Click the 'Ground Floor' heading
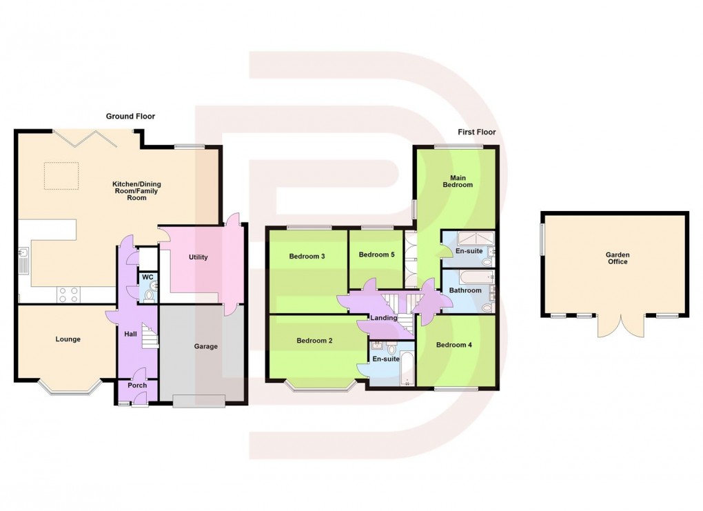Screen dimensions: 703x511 [130, 116]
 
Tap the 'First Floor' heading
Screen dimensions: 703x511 [476, 132]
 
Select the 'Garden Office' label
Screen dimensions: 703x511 [618, 258]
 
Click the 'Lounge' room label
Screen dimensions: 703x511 [68, 339]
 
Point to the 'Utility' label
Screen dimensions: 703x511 [198, 257]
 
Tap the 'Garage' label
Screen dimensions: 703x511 [206, 346]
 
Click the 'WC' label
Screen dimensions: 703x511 [147, 277]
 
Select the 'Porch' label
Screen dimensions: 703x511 [137, 385]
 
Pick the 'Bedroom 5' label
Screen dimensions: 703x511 [376, 254]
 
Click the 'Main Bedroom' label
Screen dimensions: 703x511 [458, 181]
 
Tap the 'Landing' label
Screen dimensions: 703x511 [384, 318]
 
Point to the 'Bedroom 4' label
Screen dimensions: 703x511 [454, 345]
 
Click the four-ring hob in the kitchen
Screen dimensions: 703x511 [69, 294]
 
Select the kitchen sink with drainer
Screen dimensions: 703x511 [23, 261]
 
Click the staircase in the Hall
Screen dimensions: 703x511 [150, 336]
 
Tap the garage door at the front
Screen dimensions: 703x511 [199, 401]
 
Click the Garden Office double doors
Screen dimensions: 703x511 [622, 325]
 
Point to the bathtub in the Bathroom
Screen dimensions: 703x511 [477, 277]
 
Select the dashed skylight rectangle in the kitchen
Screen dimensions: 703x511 [61, 176]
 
